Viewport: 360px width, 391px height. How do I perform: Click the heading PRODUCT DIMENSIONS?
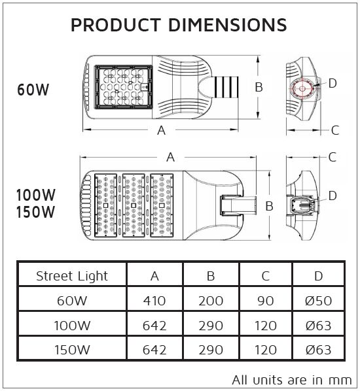click(179, 25)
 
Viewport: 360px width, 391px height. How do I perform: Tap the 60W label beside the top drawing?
click(33, 90)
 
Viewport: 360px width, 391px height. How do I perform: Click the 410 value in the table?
click(154, 301)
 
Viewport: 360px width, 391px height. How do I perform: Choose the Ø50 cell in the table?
click(318, 301)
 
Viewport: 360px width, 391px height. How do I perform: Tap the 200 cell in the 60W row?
click(211, 301)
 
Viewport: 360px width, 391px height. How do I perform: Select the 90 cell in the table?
click(265, 301)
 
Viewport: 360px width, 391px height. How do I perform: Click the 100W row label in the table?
click(71, 325)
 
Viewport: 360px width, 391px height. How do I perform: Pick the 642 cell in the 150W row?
click(154, 349)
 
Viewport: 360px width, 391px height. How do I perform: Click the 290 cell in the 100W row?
click(211, 325)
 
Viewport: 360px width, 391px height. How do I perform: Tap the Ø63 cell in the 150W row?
click(318, 349)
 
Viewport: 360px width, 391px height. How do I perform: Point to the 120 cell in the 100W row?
click(265, 325)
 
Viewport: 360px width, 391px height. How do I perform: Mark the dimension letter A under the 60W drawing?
click(161, 129)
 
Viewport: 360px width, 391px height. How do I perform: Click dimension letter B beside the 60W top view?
click(259, 87)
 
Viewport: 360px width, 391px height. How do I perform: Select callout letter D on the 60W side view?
click(332, 83)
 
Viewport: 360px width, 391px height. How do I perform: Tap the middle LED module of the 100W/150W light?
click(133, 205)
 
